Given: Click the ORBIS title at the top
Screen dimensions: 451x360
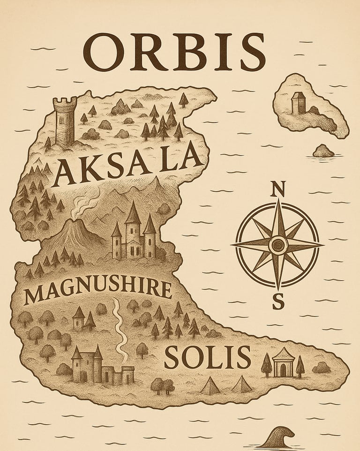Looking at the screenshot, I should click(x=174, y=51).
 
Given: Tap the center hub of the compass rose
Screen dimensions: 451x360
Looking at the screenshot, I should click(x=278, y=244).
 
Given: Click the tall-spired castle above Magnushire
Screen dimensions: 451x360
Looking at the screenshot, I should click(x=134, y=234).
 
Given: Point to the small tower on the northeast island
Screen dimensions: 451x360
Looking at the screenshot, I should click(x=298, y=103).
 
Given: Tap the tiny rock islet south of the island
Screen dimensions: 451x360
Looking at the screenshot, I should click(x=323, y=151).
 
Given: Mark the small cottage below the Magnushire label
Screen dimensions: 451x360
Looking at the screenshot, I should click(x=79, y=319).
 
